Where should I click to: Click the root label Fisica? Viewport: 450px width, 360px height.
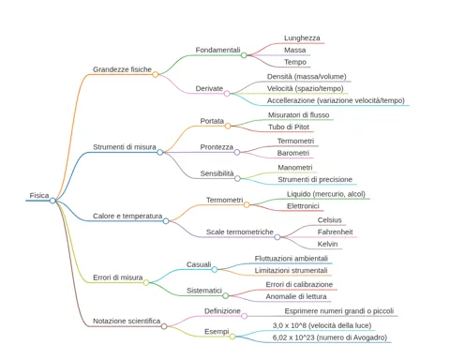(39, 196)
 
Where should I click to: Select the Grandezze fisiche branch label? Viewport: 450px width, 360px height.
(122, 69)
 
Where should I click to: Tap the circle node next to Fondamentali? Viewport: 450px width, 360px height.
(244, 55)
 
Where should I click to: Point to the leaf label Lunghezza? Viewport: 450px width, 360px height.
(302, 38)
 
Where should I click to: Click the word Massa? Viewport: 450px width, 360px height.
(294, 50)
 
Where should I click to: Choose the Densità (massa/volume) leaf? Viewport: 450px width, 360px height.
(307, 77)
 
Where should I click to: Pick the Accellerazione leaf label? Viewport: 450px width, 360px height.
(336, 100)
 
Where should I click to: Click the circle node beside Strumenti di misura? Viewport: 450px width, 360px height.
(160, 152)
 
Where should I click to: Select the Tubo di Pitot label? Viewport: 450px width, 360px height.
(289, 127)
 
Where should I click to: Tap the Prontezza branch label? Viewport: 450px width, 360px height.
(217, 147)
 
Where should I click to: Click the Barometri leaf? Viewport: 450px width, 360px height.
(293, 153)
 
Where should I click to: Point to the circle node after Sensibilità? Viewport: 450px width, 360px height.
(237, 178)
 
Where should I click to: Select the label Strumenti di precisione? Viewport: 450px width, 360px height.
(315, 180)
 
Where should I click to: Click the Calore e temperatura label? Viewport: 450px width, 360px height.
(127, 216)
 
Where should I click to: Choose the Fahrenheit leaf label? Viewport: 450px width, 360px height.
(335, 232)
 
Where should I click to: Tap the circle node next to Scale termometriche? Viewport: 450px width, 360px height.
(277, 237)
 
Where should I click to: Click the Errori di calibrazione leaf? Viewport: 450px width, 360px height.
(299, 284)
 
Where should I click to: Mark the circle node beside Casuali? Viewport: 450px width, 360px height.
(215, 269)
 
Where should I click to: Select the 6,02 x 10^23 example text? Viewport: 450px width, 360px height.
(330, 337)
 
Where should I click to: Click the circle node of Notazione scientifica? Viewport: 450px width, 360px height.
(164, 326)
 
